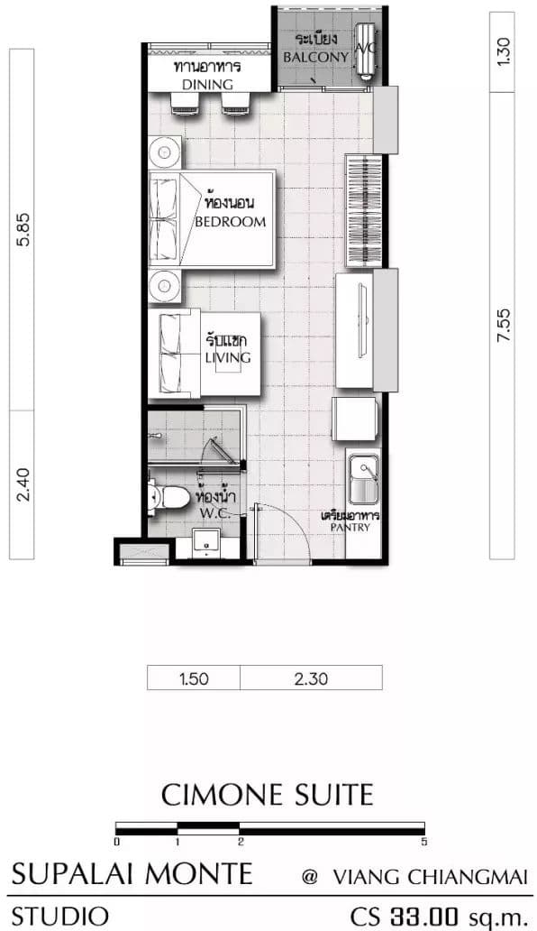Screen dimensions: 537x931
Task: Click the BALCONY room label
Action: coord(315,57)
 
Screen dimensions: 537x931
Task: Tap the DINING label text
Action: coord(207,84)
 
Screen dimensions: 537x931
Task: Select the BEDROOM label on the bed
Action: coord(231,222)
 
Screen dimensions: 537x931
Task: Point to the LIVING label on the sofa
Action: coord(228,357)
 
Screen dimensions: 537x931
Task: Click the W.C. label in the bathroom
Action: coord(215,512)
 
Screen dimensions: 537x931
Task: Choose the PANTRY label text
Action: coord(350,527)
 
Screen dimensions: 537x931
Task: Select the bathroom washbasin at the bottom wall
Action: coord(206,543)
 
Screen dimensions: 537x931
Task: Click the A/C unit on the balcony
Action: coord(365,50)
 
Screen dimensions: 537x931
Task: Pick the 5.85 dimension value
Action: coord(22,228)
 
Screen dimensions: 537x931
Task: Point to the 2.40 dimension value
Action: coord(22,484)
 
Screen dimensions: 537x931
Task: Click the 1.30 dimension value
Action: coord(503,51)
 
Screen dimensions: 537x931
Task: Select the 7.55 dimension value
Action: coord(503,325)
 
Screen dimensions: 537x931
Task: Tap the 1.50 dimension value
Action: coord(194,678)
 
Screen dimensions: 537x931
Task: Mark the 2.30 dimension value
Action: coord(311,678)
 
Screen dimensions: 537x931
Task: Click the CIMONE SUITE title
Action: coord(268,795)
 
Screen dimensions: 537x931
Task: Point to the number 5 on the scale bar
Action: coord(423,842)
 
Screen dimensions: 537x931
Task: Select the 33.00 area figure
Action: coord(423,917)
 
